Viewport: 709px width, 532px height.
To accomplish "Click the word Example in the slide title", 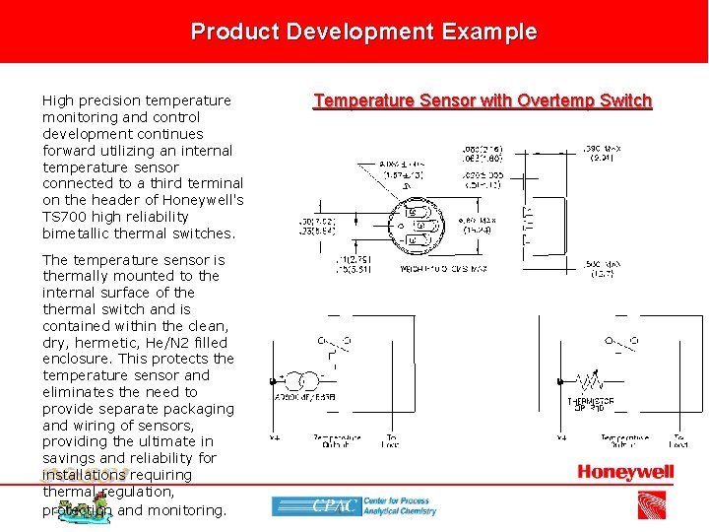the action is [489, 32].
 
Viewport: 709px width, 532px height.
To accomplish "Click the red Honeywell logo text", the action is [625, 473].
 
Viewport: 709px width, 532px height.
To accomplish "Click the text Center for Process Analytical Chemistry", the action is [399, 506].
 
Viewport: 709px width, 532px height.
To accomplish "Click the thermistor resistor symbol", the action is [589, 380].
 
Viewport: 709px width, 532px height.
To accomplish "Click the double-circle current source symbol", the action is [305, 380].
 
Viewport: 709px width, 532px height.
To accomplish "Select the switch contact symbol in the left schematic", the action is [336, 345].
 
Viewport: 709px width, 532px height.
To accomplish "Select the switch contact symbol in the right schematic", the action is [618, 345].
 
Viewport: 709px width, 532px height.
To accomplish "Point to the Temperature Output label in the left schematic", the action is [337, 440].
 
